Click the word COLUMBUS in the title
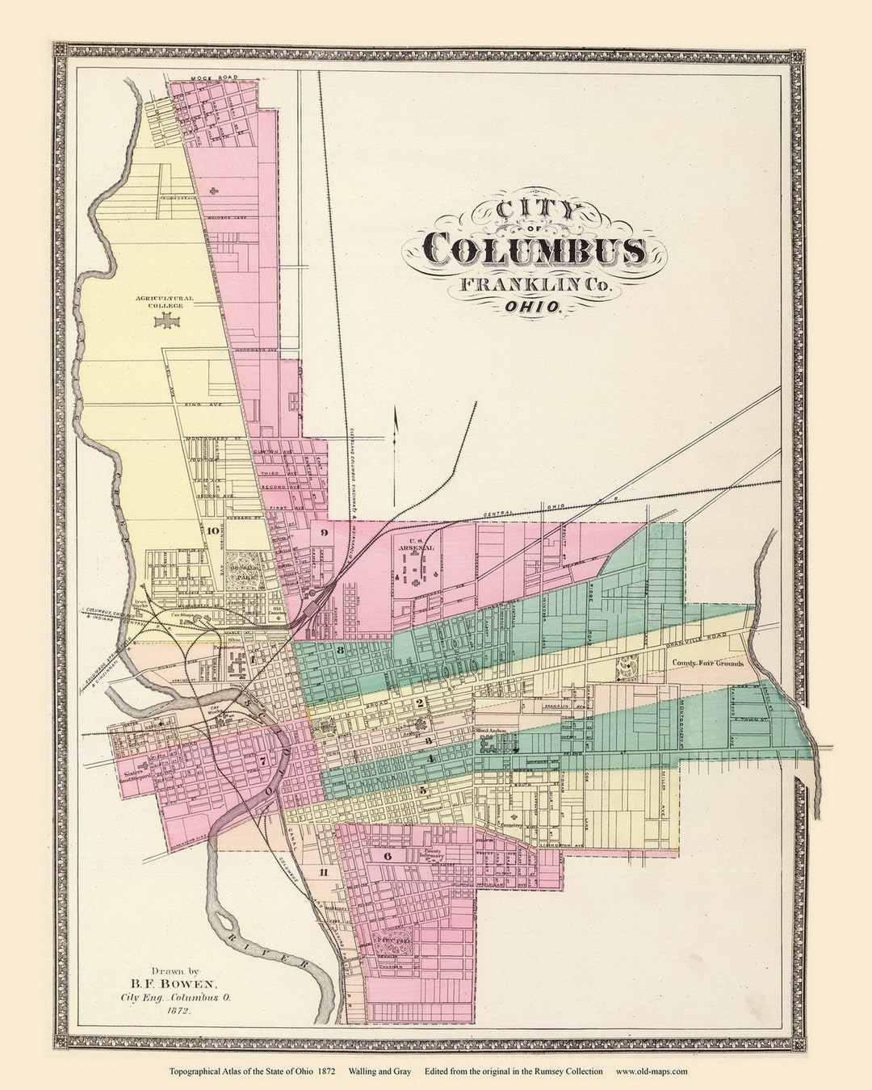(535, 250)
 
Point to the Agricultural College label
(165, 301)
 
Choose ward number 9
(323, 531)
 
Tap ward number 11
(325, 872)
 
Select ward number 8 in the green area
(342, 650)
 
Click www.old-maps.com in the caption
(652, 1071)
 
